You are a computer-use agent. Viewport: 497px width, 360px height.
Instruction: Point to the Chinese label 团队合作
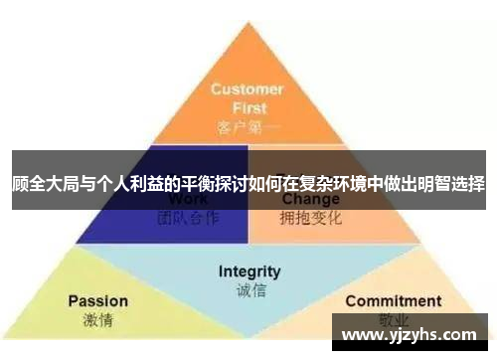[188, 217]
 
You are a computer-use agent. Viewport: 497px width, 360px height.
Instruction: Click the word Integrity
[249, 271]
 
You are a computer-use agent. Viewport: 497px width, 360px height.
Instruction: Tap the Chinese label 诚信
[248, 290]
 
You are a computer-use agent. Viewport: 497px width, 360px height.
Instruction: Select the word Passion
[97, 300]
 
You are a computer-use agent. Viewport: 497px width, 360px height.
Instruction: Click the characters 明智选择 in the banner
[452, 183]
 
